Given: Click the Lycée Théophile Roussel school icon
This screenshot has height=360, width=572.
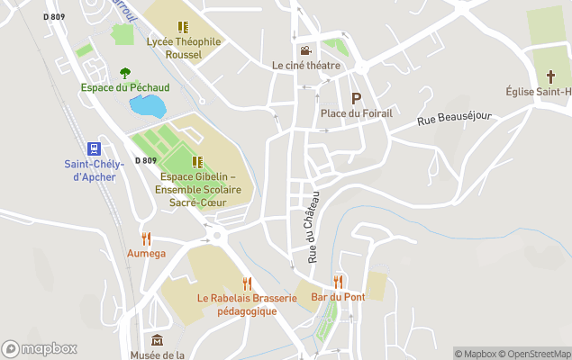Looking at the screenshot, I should tap(183, 28).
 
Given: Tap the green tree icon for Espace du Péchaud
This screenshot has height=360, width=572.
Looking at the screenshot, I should tap(125, 73).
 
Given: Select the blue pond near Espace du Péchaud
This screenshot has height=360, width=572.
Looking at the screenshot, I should tap(148, 104).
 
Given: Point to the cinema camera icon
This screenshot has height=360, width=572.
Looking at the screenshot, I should tap(305, 50).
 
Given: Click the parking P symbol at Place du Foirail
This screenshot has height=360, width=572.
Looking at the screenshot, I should tap(356, 98).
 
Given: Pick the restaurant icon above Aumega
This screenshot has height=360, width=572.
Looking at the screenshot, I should tap(146, 238).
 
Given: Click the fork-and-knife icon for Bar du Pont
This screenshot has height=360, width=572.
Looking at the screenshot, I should tap(338, 282).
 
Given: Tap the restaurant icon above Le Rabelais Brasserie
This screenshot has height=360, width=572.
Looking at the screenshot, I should tap(246, 283).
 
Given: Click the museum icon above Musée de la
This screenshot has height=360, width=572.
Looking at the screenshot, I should tap(158, 340).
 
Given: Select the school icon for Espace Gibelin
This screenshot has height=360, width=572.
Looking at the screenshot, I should tap(197, 162).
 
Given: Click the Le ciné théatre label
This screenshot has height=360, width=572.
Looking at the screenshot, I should tap(306, 66).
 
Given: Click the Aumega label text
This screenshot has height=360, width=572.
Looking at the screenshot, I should tap(146, 254).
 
